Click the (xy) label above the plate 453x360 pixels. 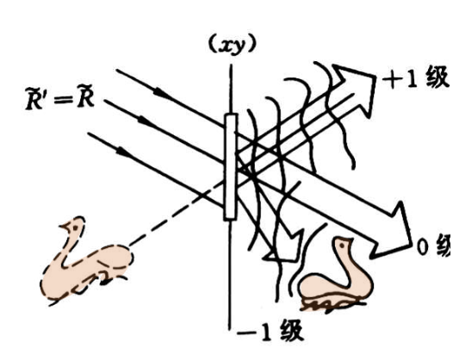tap(232, 45)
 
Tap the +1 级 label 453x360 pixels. tap(416, 78)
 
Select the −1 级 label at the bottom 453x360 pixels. tap(270, 331)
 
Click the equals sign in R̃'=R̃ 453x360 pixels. tap(63, 101)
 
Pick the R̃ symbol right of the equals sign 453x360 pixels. tap(85, 99)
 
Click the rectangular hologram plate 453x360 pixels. tap(231, 167)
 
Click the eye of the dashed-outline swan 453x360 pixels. tap(76, 227)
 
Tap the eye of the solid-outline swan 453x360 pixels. tap(343, 245)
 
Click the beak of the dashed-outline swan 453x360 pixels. tap(64, 226)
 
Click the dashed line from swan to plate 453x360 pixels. tap(177, 214)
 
